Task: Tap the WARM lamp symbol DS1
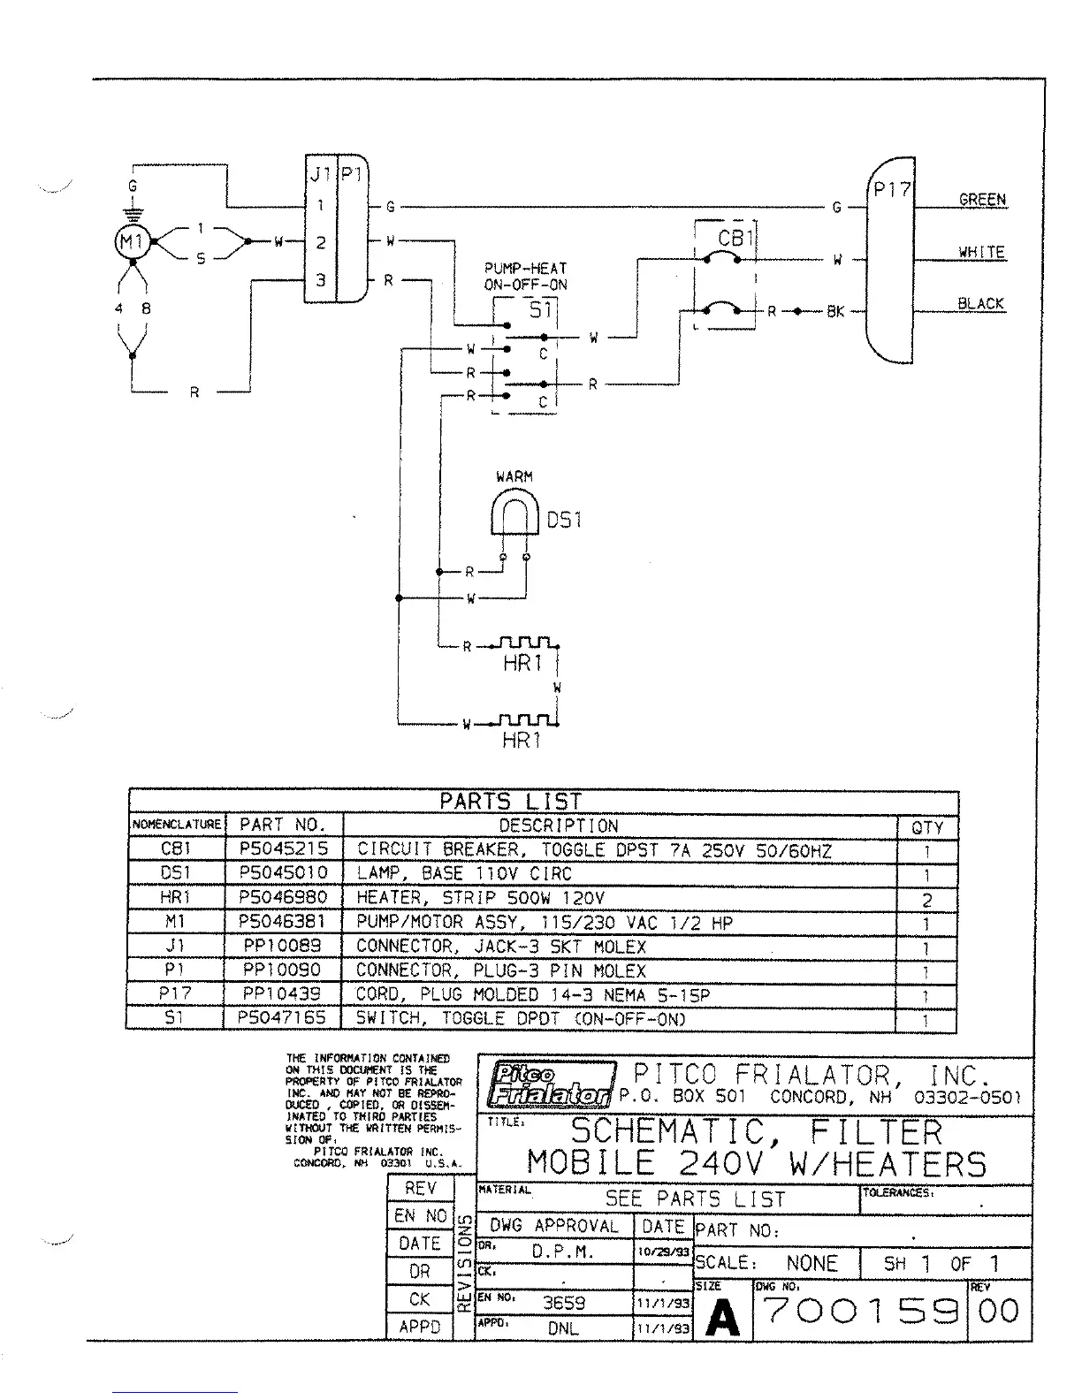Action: pos(514,517)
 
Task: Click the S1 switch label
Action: pos(540,311)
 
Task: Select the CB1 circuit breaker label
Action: pos(733,239)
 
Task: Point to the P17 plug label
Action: pos(891,189)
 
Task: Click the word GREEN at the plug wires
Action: pos(982,200)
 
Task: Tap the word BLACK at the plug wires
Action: pos(980,303)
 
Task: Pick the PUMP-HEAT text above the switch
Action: pos(525,268)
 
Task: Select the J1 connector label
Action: pos(320,174)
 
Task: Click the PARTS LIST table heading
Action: pos(510,802)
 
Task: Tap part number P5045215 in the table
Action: pos(284,849)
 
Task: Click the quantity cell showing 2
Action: pos(926,902)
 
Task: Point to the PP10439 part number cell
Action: pos(282,994)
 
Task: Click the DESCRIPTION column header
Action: pos(558,826)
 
